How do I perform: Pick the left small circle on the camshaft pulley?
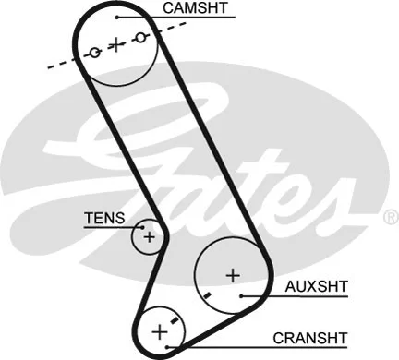tap(94, 53)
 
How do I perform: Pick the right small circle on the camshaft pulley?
tap(140, 37)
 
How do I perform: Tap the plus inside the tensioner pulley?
tap(148, 237)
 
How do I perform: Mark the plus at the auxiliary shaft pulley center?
tap(232, 274)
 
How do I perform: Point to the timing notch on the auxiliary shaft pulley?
tap(209, 294)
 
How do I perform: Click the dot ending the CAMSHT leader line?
tap(117, 18)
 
